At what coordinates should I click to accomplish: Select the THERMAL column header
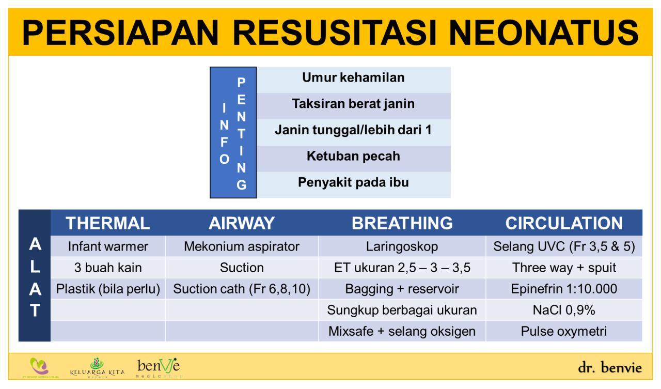[x=108, y=223]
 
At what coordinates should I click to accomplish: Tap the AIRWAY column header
[x=242, y=223]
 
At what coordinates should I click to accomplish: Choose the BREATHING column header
[x=402, y=223]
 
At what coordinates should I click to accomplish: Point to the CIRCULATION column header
[x=564, y=223]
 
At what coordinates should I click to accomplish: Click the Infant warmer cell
[x=108, y=246]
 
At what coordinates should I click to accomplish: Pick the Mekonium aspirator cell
[x=242, y=246]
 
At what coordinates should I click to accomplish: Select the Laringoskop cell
[x=402, y=246]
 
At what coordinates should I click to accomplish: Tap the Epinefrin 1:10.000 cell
[x=564, y=289]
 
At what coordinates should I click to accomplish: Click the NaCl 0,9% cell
[x=564, y=310]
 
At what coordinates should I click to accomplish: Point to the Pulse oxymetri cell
[x=564, y=331]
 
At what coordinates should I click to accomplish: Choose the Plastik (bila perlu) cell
[x=108, y=289]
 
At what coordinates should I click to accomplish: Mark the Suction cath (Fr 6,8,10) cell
[x=242, y=289]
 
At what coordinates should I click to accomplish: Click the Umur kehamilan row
[x=353, y=78]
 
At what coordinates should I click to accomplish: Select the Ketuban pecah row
[x=353, y=156]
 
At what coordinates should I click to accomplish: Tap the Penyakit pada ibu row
[x=353, y=182]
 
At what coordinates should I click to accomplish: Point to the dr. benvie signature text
[x=610, y=368]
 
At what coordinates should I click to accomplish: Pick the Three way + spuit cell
[x=564, y=268]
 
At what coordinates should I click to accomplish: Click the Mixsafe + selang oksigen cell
[x=402, y=331]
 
